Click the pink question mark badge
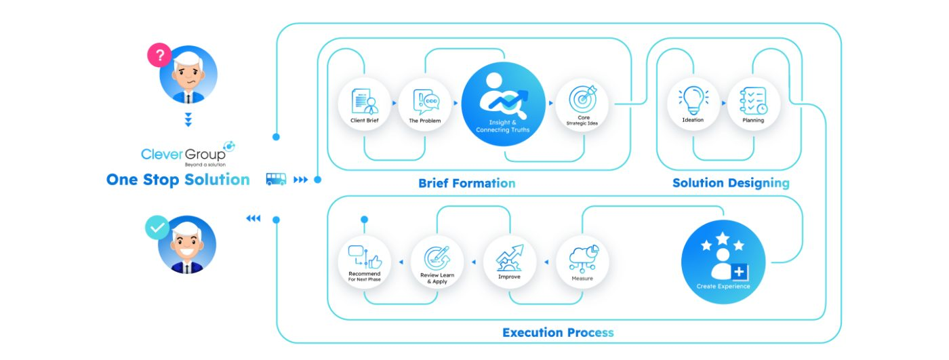point(159,55)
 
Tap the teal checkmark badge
point(157,227)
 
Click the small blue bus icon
point(277,179)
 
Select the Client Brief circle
point(365,104)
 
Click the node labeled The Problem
point(425,104)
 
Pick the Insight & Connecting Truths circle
point(503,104)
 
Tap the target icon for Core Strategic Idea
point(583,99)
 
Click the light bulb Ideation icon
point(693,100)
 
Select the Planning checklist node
point(753,104)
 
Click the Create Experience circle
point(723,262)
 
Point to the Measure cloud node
point(582,262)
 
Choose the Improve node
point(510,262)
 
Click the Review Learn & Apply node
point(437,262)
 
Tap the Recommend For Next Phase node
point(365,262)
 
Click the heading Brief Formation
point(467,183)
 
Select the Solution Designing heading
point(731,183)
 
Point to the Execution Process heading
point(558,332)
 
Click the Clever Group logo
point(188,154)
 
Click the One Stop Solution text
point(178,180)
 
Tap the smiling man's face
point(187,245)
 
